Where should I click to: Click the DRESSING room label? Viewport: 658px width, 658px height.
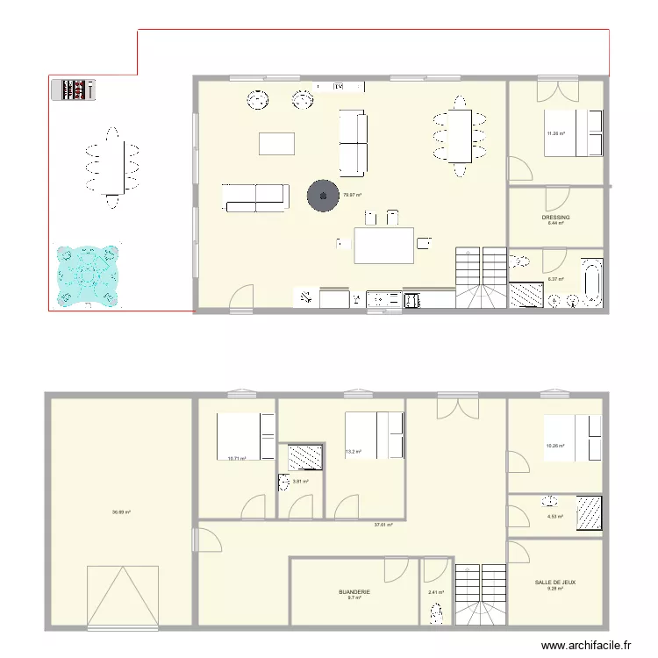click(x=555, y=217)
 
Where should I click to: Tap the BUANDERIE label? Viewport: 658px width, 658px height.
click(x=354, y=592)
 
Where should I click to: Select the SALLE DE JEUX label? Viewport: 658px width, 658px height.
click(x=555, y=582)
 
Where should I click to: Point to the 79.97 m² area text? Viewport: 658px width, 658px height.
click(x=353, y=195)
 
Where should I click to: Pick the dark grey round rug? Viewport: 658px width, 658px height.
click(x=323, y=195)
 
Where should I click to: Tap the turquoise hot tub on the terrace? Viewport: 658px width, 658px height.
click(x=87, y=275)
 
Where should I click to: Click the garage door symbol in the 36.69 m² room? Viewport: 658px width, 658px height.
click(x=122, y=596)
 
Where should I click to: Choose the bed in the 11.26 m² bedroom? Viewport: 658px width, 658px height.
click(x=573, y=132)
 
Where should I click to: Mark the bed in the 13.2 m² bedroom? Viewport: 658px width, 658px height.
click(x=373, y=433)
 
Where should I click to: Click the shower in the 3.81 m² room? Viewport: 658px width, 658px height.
click(x=304, y=456)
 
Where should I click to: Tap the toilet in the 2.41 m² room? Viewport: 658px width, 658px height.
click(x=436, y=615)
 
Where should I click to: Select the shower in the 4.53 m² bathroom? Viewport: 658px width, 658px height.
click(x=590, y=513)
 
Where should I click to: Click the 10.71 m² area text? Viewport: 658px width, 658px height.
click(x=236, y=458)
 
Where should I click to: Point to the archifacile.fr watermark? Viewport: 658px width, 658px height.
click(x=586, y=645)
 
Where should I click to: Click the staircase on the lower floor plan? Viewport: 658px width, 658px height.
click(x=481, y=594)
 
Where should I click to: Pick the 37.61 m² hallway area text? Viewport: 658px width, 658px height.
click(x=383, y=526)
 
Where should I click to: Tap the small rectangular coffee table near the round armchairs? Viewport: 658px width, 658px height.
click(x=277, y=143)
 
